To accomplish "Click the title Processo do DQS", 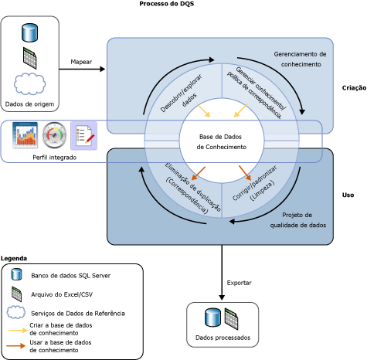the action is coord(167,4).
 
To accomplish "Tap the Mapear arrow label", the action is coord(81,62).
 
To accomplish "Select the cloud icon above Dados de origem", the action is coord(29,83).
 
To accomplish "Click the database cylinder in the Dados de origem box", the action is coord(30,32).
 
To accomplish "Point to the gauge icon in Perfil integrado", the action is coord(54,135).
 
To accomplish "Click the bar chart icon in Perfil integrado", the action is coord(25,135).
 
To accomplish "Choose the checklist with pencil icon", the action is coord(84,136).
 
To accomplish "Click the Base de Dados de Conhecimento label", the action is coord(221,141).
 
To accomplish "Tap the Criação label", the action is coord(354,88).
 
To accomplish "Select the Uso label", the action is coord(348,195).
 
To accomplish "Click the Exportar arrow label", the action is coord(239,283).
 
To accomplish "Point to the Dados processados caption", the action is coord(223,338).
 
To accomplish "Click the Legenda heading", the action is coord(14,258).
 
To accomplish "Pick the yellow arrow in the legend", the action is coord(18,330).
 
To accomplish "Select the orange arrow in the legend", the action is coord(16,346).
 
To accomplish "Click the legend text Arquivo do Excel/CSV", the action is coord(62,294).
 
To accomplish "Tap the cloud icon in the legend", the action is coord(16,312).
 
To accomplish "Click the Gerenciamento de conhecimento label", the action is coord(301,59).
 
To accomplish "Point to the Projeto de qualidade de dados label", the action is coord(298,220).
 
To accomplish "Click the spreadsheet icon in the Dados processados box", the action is coord(231,319).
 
